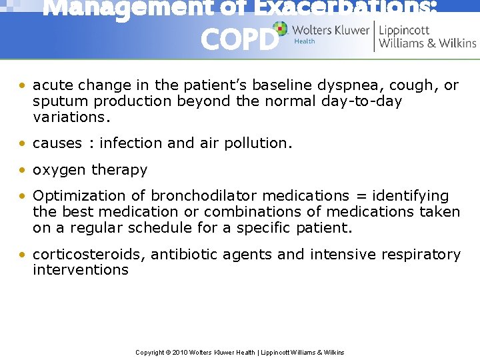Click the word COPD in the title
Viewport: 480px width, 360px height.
coord(239,40)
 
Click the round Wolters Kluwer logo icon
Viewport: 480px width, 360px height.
coord(280,29)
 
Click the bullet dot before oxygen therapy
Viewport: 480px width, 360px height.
coord(23,170)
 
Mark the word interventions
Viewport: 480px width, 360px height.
coord(81,270)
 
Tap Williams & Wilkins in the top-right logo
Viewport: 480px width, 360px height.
coord(427,43)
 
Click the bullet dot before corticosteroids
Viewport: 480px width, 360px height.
coord(23,255)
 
